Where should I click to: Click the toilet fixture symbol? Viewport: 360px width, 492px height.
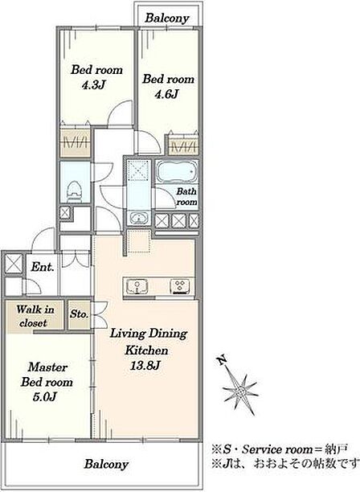tap(74, 191)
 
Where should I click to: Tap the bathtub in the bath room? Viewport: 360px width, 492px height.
tap(177, 172)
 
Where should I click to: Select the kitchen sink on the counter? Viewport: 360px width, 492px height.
tap(137, 286)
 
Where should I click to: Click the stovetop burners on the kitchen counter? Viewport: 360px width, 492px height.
tap(180, 286)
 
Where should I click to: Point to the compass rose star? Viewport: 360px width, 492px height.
tap(240, 391)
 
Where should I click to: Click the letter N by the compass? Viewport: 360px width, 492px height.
tap(222, 360)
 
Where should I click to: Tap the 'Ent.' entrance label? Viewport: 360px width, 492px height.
tap(43, 267)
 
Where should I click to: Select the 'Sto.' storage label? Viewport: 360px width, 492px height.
tap(79, 314)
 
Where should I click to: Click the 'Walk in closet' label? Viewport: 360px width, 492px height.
tap(35, 316)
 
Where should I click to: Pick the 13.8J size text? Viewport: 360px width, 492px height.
tap(145, 365)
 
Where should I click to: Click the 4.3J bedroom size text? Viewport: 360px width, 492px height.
tap(93, 85)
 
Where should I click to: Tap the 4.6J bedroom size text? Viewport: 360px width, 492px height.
tap(167, 94)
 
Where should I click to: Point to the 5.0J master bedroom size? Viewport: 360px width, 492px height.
tap(44, 397)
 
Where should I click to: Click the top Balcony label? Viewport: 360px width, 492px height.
tap(167, 18)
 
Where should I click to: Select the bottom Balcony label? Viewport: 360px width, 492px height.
tap(106, 465)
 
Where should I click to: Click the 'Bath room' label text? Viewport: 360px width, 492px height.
tap(186, 196)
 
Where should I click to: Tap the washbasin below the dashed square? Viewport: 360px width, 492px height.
tap(139, 217)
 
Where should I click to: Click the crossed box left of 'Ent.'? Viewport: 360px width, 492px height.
tap(14, 263)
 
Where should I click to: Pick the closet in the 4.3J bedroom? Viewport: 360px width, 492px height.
tap(76, 143)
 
